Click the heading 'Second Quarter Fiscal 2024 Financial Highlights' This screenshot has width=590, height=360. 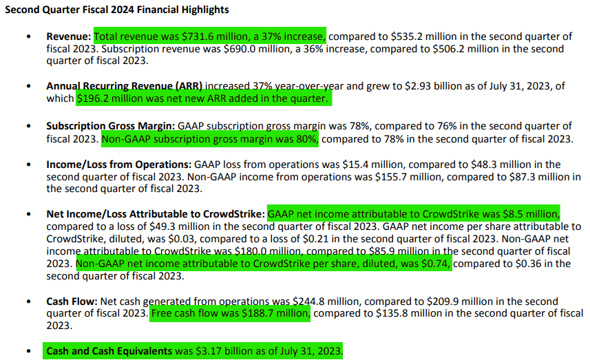click(117, 10)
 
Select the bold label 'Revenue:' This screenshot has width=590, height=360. click(69, 36)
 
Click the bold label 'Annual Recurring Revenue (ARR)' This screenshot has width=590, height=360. click(125, 87)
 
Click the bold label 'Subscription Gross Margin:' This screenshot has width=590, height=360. click(111, 127)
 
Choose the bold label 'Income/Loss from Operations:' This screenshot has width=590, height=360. click(118, 165)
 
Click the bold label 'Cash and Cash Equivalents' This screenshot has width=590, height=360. click(109, 351)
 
